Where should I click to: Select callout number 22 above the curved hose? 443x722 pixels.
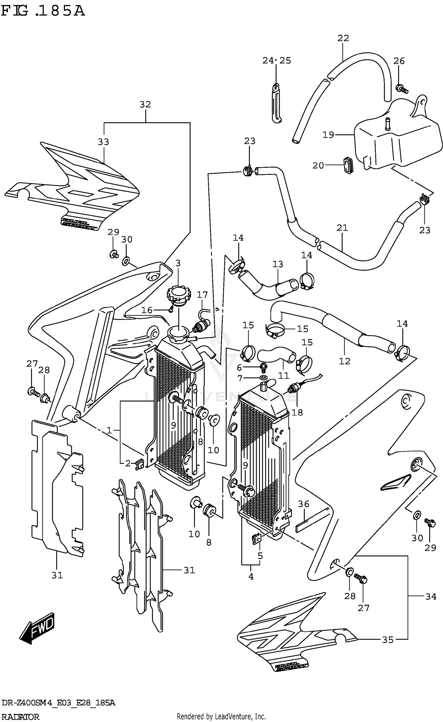[x=343, y=38]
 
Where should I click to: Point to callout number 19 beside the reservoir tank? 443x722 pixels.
[x=328, y=135]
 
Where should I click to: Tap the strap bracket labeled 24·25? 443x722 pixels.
[x=276, y=103]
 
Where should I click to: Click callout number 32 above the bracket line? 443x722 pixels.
[x=145, y=105]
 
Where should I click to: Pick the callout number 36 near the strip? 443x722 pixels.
[x=303, y=504]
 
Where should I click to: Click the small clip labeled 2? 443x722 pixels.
[x=139, y=465]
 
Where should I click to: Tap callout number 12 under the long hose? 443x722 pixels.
[x=344, y=361]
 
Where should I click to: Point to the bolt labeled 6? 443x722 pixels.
[x=263, y=367]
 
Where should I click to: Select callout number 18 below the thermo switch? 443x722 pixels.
[x=297, y=413]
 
